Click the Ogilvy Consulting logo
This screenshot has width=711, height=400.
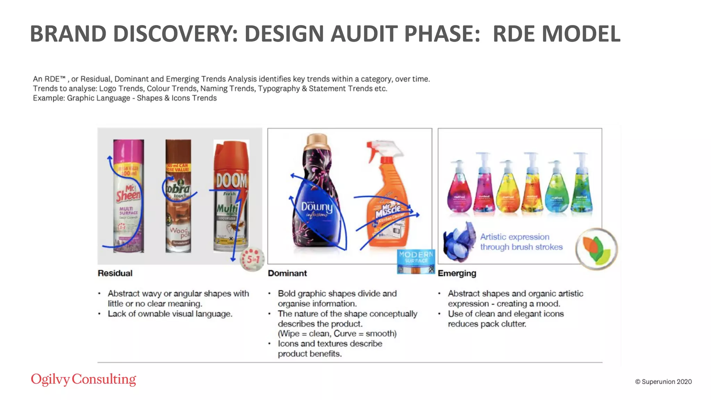click(83, 379)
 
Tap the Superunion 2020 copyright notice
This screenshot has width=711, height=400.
click(663, 382)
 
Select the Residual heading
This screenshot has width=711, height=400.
click(115, 273)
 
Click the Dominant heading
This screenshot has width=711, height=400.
click(287, 273)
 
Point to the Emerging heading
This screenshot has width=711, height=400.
click(457, 273)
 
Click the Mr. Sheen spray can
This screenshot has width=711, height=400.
click(128, 196)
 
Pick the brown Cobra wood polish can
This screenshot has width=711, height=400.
click(178, 196)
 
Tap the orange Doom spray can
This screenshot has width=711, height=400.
click(231, 196)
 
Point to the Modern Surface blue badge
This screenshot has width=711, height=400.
click(416, 261)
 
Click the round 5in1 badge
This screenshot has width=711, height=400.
click(252, 259)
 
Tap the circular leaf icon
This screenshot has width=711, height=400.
click(596, 249)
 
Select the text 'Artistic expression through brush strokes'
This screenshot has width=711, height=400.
click(521, 242)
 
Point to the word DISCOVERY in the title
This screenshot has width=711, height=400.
click(175, 34)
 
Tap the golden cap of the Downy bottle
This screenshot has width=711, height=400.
click(317, 141)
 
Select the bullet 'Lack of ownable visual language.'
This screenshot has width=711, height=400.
click(170, 314)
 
